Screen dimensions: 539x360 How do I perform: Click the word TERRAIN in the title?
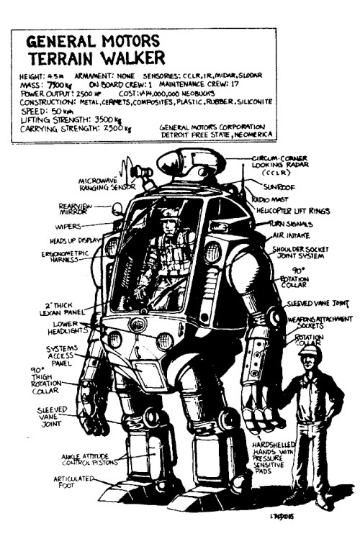(x=58, y=58)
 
